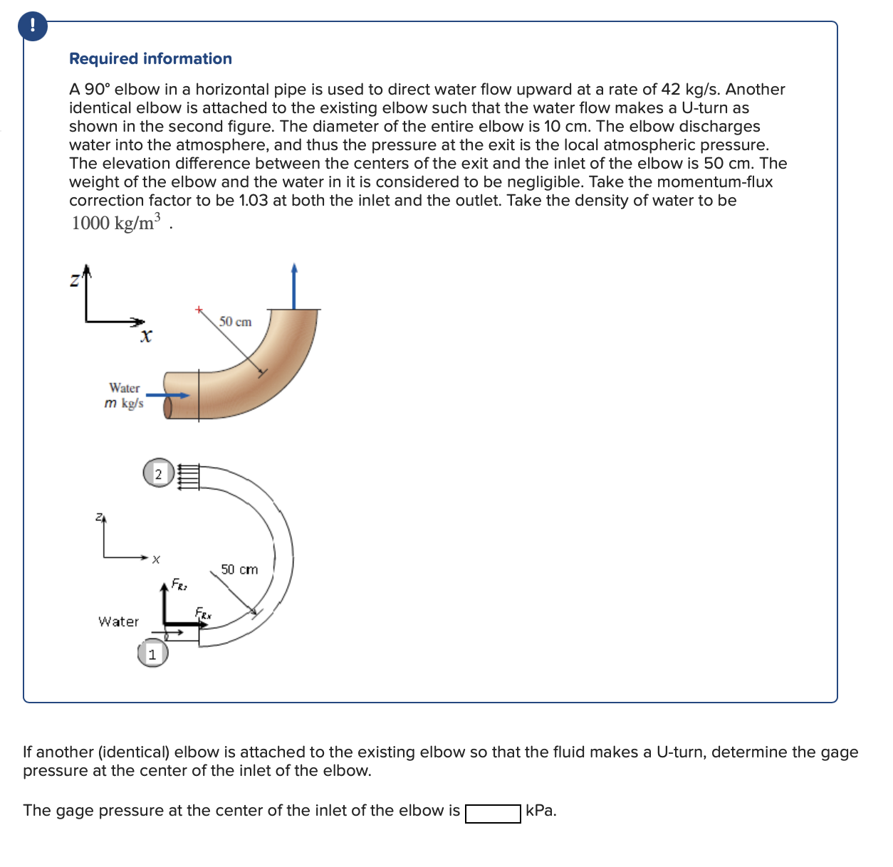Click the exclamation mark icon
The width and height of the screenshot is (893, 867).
click(32, 26)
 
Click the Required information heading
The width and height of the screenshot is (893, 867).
click(150, 59)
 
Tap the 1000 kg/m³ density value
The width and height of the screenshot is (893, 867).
click(116, 223)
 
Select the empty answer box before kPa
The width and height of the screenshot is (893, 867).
click(493, 813)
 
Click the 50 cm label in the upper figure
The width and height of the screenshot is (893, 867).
click(235, 322)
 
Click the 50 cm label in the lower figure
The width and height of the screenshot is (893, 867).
click(239, 569)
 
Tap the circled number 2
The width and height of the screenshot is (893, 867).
click(158, 474)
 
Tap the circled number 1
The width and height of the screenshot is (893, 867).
click(152, 654)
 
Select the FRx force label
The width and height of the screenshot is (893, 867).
click(203, 613)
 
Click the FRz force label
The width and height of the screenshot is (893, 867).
click(179, 586)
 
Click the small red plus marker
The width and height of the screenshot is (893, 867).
click(199, 310)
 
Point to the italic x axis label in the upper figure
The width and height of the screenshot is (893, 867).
click(146, 335)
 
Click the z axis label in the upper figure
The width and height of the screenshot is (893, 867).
click(74, 281)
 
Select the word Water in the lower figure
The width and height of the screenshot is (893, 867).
click(118, 621)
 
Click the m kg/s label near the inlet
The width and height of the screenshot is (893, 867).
click(124, 404)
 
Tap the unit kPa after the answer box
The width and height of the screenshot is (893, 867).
click(541, 811)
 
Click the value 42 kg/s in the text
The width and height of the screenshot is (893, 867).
click(687, 90)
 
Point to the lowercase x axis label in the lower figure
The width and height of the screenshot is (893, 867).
click(155, 559)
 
